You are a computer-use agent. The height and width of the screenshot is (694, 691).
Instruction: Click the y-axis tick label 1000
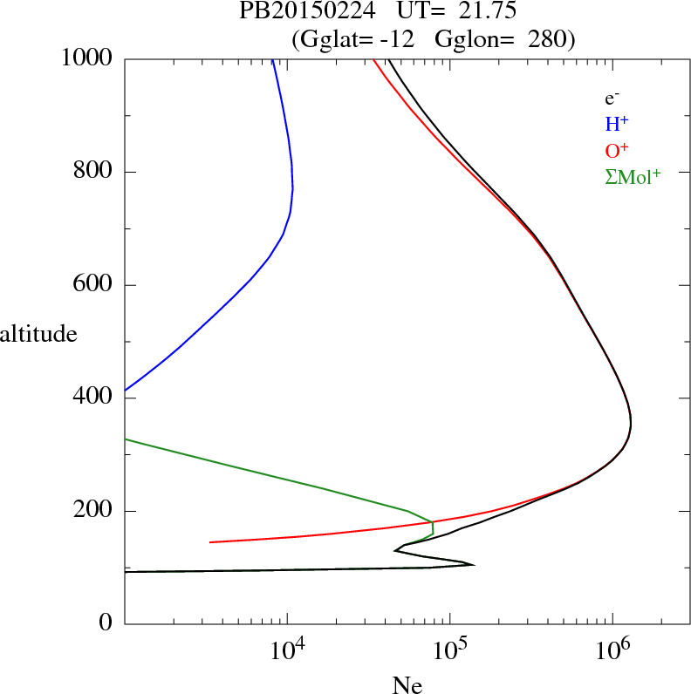(87, 59)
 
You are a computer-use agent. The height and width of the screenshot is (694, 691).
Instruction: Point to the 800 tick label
(93, 173)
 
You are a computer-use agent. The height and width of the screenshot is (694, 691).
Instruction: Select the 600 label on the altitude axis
(93, 285)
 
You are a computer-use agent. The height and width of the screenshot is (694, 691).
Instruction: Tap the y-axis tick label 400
(93, 398)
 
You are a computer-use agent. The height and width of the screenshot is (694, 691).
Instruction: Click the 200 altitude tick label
(93, 511)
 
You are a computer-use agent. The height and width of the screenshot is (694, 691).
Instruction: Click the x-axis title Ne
(407, 685)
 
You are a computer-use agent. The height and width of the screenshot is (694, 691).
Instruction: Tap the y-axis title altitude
(38, 333)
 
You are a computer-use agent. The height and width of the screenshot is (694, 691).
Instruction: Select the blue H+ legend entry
(618, 126)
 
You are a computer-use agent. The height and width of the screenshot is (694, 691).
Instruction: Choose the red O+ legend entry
(618, 151)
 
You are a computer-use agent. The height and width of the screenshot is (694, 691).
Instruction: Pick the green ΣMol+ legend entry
(633, 177)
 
